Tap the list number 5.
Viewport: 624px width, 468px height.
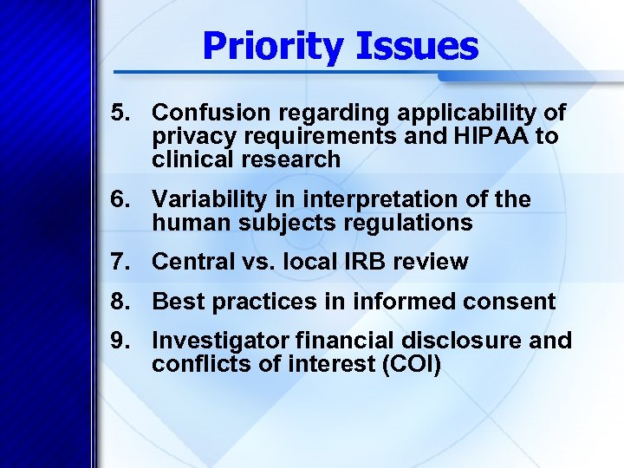pos(120,113)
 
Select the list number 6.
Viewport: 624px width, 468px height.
pos(120,199)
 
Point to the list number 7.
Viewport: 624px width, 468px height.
pos(120,261)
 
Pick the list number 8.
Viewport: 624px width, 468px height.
pos(120,302)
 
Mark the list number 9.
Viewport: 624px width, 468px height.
pos(120,341)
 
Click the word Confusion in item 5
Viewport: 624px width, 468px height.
pos(204,113)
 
